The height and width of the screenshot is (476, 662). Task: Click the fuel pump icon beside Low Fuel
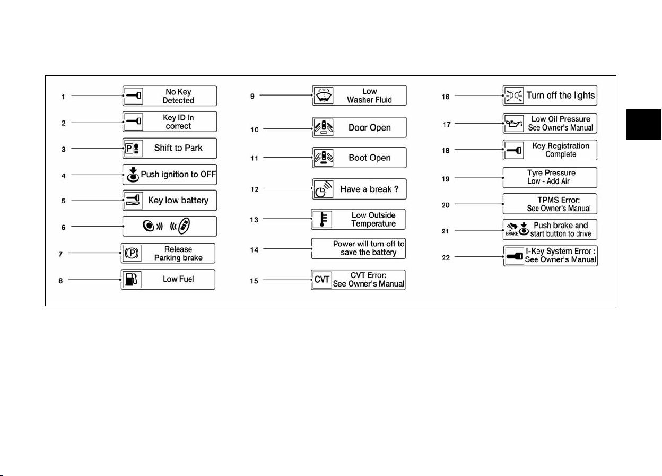point(131,279)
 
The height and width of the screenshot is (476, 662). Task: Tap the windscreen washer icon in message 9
point(324,96)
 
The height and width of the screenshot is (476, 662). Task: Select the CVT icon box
point(322,280)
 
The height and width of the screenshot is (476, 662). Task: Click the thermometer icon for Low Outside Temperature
point(323,219)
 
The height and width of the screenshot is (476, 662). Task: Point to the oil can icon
point(514,124)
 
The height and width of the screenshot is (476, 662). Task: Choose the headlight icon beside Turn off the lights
point(514,96)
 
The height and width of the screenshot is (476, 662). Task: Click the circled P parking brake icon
point(132,253)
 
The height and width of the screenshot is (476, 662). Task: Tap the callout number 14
point(254,250)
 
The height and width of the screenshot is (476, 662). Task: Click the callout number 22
point(446,257)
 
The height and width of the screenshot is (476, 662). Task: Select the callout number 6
point(63,227)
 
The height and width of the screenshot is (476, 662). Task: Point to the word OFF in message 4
point(208,174)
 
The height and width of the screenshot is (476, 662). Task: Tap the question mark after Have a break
point(396,189)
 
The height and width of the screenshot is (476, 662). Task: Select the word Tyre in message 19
point(535,172)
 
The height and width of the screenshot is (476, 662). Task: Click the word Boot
point(358,158)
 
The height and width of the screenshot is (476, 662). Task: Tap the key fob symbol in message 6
point(184,226)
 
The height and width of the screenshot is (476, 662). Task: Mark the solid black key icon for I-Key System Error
point(515,256)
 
